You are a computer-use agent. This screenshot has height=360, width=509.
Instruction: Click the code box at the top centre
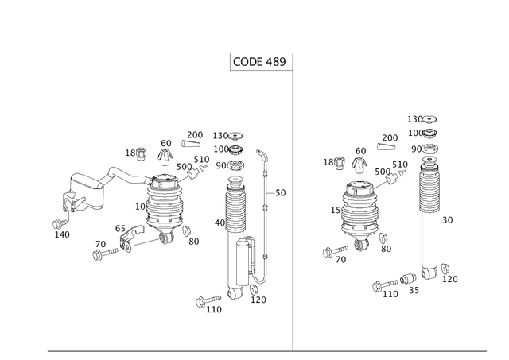(258, 61)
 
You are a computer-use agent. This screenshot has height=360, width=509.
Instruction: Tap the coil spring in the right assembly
(359, 212)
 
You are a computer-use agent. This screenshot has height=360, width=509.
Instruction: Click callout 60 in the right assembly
(361, 149)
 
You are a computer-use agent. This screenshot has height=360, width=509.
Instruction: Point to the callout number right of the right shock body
(447, 219)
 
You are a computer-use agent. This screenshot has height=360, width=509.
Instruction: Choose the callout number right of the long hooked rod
(279, 192)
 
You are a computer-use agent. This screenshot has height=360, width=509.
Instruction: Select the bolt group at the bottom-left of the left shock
(209, 302)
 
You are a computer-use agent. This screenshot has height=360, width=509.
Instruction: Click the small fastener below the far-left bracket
(60, 228)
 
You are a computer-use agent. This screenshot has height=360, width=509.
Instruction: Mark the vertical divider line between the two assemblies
(293, 207)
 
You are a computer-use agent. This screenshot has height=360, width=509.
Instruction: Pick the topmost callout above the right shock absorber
(422, 119)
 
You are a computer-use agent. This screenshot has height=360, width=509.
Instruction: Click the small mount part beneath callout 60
(359, 163)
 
